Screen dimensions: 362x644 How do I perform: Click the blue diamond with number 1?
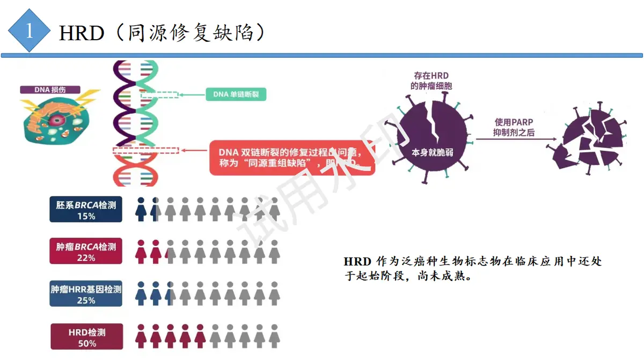(x=29, y=31)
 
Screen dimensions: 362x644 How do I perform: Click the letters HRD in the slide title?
(x=81, y=33)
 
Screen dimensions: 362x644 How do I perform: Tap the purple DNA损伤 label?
(x=50, y=90)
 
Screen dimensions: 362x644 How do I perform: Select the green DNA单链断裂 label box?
(x=236, y=95)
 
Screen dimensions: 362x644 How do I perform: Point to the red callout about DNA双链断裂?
(x=292, y=157)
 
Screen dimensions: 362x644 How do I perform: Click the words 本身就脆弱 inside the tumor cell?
(x=432, y=152)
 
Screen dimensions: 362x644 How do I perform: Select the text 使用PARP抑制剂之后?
(x=514, y=128)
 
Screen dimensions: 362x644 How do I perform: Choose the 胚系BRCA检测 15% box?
(x=86, y=210)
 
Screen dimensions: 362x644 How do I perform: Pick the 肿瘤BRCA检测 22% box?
(x=86, y=251)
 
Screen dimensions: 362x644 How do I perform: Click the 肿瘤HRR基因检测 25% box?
(x=86, y=293)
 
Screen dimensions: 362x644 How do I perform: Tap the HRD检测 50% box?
(x=87, y=337)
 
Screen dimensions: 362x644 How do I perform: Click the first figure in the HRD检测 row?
(x=141, y=336)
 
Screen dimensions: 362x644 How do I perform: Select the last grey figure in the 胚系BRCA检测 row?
(x=274, y=209)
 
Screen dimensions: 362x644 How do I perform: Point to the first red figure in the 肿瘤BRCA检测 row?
(x=141, y=251)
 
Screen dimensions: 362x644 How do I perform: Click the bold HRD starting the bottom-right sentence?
(x=357, y=262)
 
